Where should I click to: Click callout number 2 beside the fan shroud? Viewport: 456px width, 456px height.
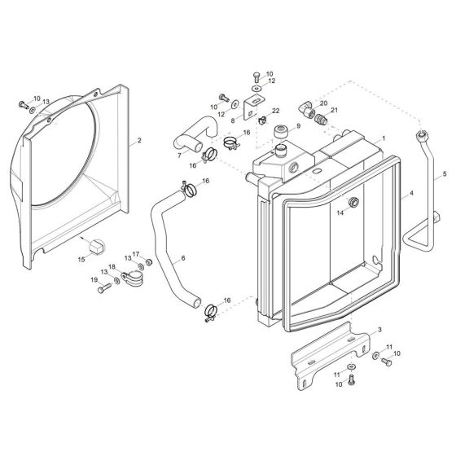[139, 141]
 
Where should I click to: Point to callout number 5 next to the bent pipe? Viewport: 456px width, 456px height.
[444, 174]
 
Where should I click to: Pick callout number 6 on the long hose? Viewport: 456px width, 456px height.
[183, 258]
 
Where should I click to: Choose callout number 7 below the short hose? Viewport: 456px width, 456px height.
[179, 155]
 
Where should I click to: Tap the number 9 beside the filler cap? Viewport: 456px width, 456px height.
[298, 126]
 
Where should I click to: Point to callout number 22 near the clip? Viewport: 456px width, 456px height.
[275, 111]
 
